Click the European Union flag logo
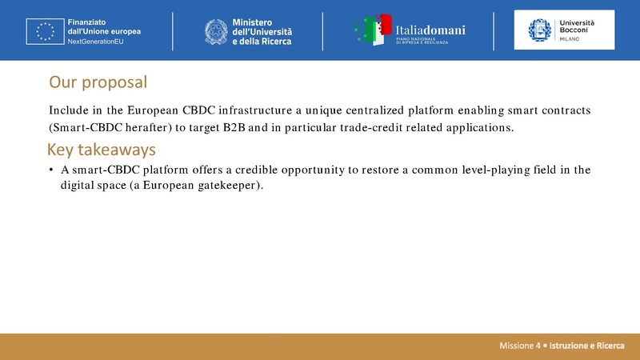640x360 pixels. pos(45,30)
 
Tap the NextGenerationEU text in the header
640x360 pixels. pos(96,42)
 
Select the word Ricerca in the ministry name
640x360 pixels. pos(274,42)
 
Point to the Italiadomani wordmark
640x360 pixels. pos(430,29)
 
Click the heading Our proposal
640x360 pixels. pos(98,82)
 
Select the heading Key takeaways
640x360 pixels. pos(101,150)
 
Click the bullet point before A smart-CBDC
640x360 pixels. pos(51,170)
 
